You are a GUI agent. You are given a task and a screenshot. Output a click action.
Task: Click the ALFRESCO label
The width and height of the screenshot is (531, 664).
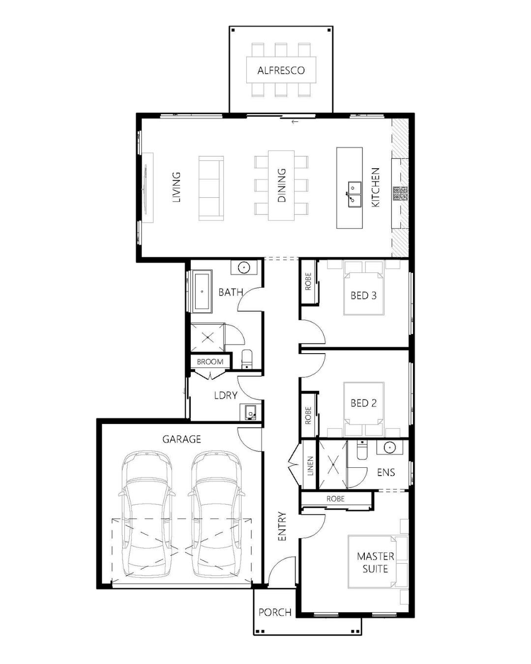(x=281, y=70)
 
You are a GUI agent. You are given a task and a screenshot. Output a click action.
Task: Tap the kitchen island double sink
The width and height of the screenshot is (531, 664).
(x=355, y=194)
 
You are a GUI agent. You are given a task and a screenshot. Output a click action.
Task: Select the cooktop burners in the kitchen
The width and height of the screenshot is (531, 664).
(x=400, y=193)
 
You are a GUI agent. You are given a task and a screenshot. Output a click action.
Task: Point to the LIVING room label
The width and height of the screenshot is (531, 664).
(x=176, y=187)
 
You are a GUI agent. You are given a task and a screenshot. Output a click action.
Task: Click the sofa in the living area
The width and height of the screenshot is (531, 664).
(x=211, y=188)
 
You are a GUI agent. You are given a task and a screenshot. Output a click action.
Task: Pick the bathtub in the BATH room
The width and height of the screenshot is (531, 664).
(x=202, y=292)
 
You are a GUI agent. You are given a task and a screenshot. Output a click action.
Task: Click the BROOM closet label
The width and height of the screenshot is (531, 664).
(x=210, y=362)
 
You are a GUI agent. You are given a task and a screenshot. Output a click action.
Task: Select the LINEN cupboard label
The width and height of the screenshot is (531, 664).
(x=310, y=466)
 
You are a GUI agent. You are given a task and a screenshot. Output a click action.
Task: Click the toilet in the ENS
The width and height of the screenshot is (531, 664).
(x=361, y=450)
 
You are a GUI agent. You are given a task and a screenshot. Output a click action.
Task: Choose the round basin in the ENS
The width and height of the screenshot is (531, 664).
(x=390, y=447)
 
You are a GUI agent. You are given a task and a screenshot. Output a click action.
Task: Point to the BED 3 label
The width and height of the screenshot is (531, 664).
(x=363, y=296)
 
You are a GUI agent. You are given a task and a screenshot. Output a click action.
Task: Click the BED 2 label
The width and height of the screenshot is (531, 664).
(x=363, y=403)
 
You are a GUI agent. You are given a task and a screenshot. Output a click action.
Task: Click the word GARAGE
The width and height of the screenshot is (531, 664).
(x=182, y=439)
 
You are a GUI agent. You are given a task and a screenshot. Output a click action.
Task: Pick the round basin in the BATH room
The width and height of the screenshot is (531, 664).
(x=244, y=267)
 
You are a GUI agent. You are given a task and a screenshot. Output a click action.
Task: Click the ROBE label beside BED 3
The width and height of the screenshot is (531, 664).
(x=308, y=281)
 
